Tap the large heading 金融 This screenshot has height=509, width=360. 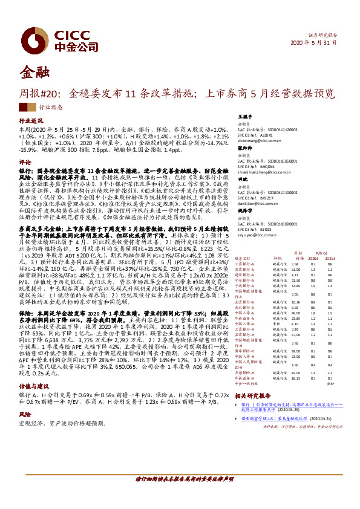point(35,72)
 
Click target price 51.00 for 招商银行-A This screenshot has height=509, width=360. point(295,270)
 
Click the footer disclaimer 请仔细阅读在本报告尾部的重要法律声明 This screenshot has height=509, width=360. point(180,479)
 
